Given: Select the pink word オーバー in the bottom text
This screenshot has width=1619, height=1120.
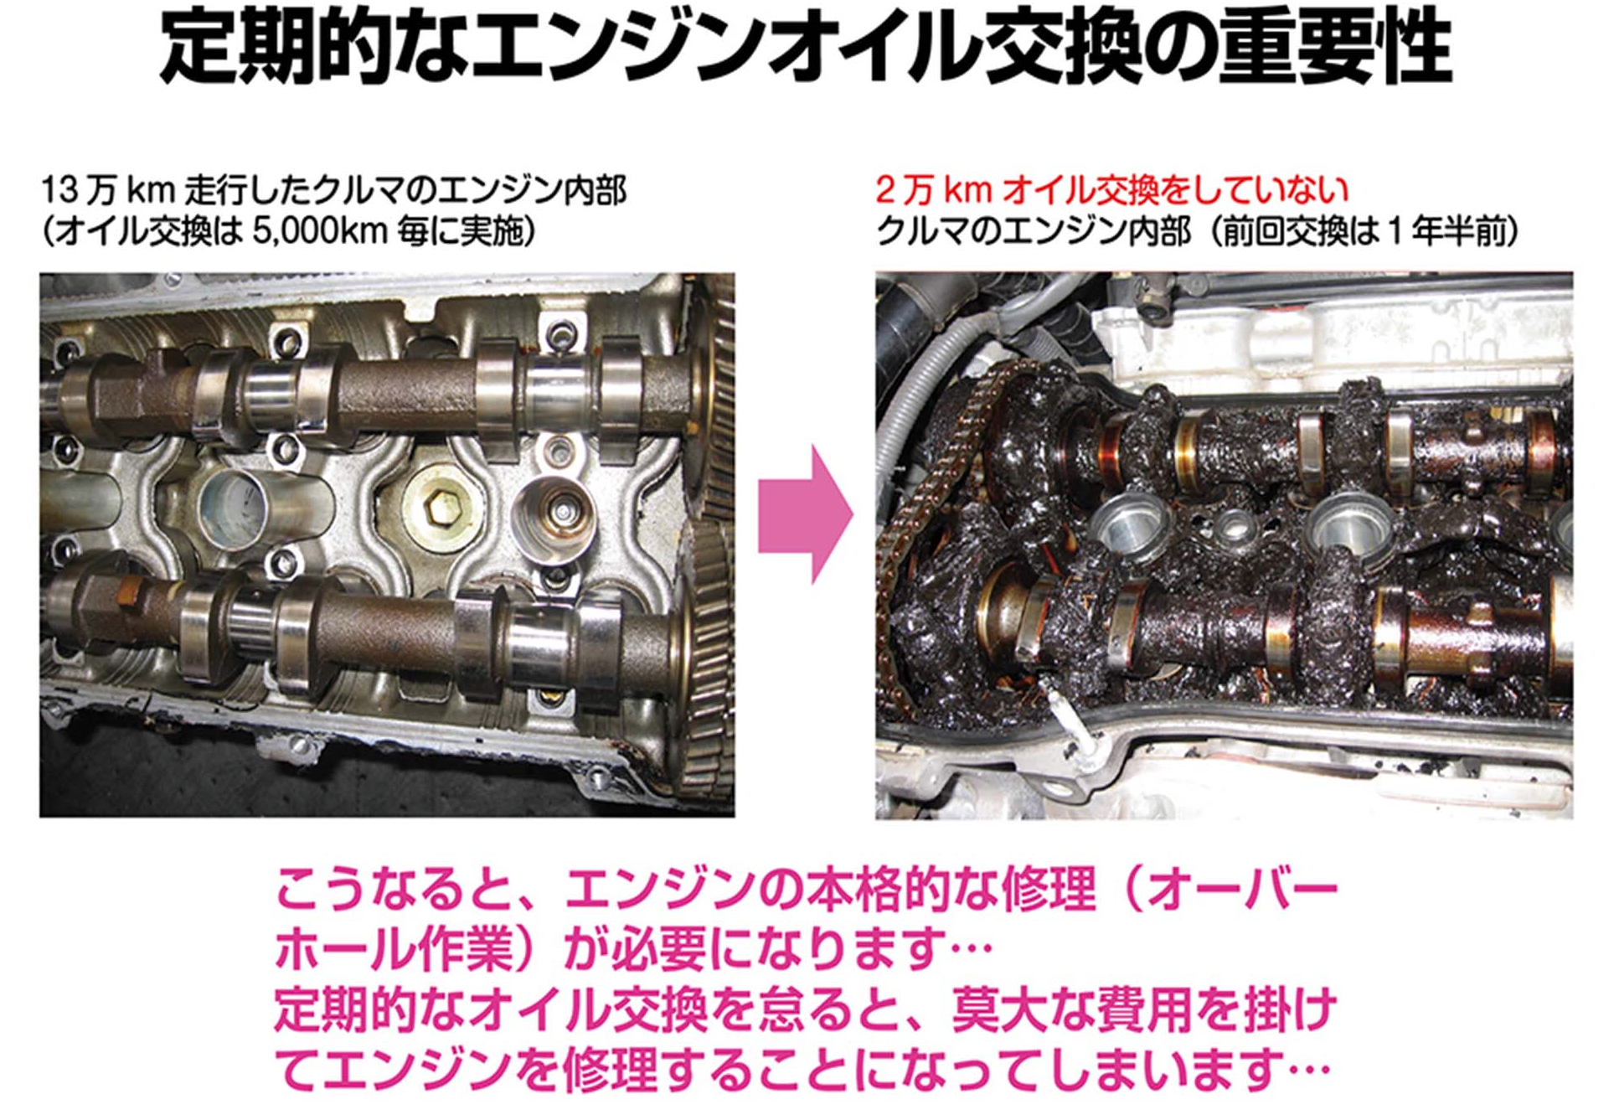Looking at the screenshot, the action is coord(1243,890).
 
